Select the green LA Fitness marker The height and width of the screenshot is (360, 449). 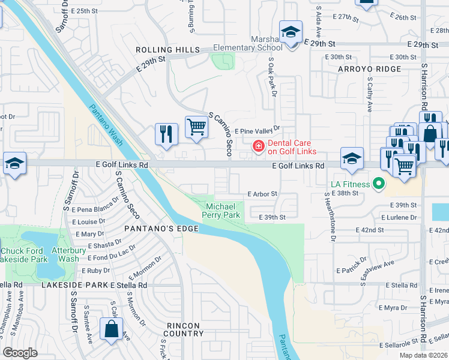click(x=378, y=183)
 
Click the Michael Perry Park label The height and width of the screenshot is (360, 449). click(x=222, y=209)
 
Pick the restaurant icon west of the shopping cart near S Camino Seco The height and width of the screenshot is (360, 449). click(x=166, y=134)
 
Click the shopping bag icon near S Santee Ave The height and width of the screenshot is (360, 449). click(x=112, y=329)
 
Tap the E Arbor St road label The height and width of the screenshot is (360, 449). click(x=262, y=194)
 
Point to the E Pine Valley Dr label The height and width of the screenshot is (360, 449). click(x=257, y=130)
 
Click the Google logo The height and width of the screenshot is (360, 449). click(x=20, y=353)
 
